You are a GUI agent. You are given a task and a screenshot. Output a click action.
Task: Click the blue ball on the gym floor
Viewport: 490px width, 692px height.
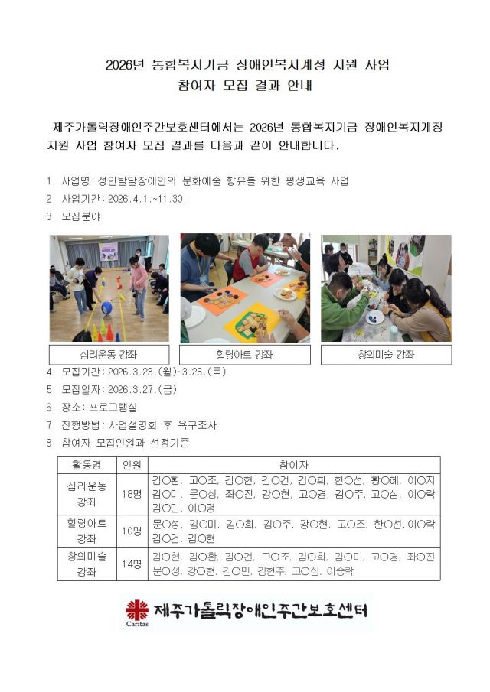(107, 307)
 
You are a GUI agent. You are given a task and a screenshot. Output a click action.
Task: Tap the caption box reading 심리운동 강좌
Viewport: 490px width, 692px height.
(109, 355)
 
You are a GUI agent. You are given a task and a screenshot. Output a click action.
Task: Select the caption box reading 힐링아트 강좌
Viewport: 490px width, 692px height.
(244, 355)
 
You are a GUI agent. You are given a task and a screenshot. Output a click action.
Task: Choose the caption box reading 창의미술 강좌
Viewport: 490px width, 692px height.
(386, 355)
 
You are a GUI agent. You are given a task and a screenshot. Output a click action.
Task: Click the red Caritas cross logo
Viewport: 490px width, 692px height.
(138, 610)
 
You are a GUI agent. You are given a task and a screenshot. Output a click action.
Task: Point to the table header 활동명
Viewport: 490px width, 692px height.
(86, 465)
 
